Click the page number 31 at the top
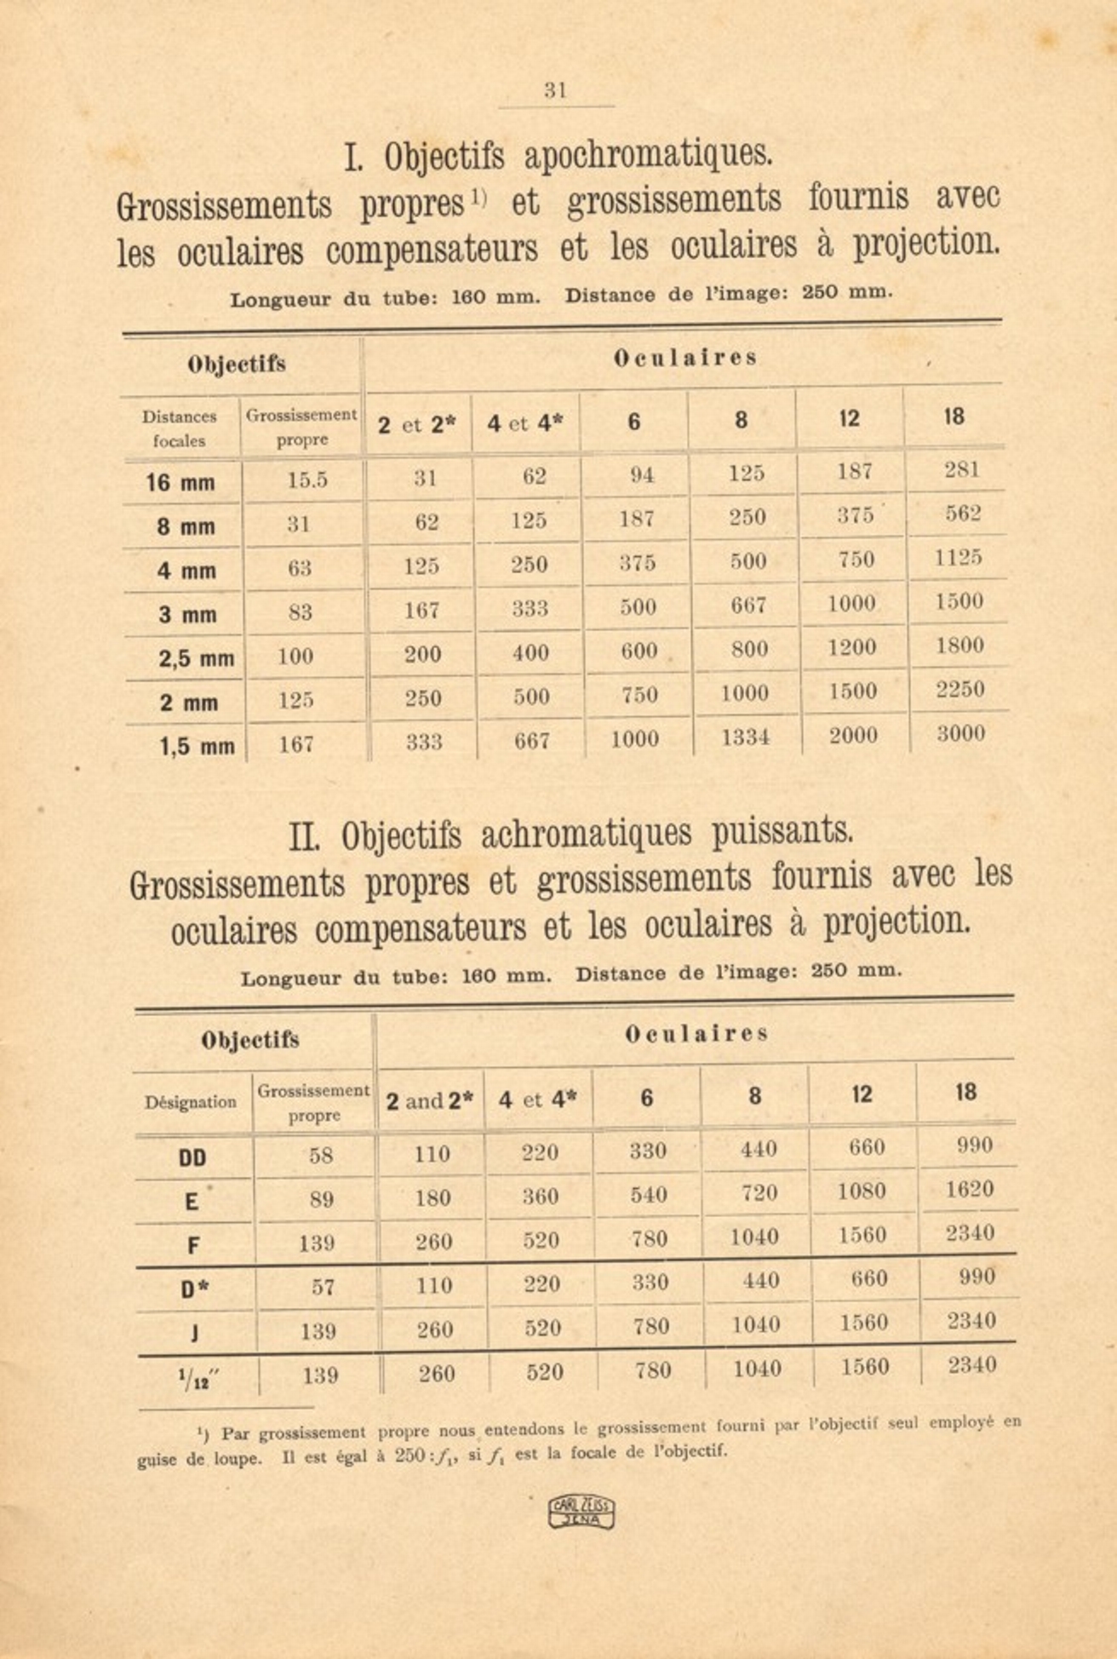555,90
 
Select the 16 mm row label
180,483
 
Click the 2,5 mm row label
196,658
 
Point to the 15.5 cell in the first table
306,480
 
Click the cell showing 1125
959,558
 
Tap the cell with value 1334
746,738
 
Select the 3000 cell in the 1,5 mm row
961,734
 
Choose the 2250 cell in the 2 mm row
960,689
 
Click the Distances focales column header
180,428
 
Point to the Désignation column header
191,1102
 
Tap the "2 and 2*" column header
430,1101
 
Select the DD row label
192,1158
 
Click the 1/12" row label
195,1376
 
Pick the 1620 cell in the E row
970,1190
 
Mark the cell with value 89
321,1200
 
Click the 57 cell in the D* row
322,1287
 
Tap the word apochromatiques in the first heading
648,154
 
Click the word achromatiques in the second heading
587,834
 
